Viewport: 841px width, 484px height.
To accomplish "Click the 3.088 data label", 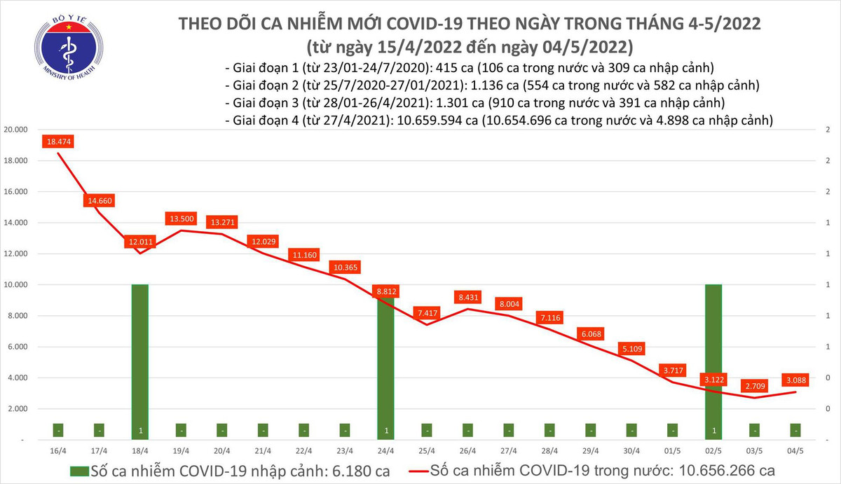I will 795,380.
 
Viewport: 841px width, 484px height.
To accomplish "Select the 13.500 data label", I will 181,219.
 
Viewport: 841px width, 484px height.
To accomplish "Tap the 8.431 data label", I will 467,297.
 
